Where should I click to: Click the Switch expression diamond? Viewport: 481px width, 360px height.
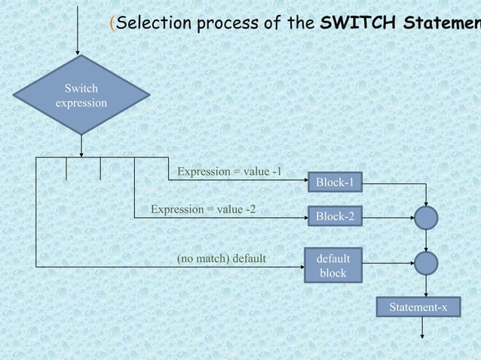81,95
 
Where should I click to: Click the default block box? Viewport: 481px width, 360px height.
332,265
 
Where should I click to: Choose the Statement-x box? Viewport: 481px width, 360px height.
418,308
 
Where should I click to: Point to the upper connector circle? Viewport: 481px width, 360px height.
426,218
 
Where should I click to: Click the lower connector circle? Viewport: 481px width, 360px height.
426,263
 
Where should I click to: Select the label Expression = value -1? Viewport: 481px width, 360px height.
230,172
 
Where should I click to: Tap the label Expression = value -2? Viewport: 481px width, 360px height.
204,209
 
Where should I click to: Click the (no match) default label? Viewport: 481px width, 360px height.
221,259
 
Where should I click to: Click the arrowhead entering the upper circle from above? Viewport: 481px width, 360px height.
427,203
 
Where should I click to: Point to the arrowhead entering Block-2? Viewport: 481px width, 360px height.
304,218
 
